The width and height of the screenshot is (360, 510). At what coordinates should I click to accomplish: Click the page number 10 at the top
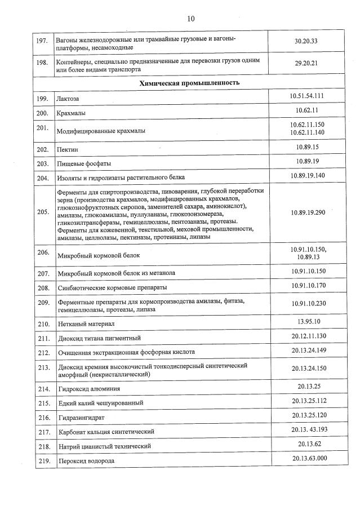tap(190, 19)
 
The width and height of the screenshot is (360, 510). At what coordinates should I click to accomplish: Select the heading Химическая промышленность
tap(190, 83)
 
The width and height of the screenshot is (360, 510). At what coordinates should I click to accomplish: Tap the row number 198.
tap(42, 63)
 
